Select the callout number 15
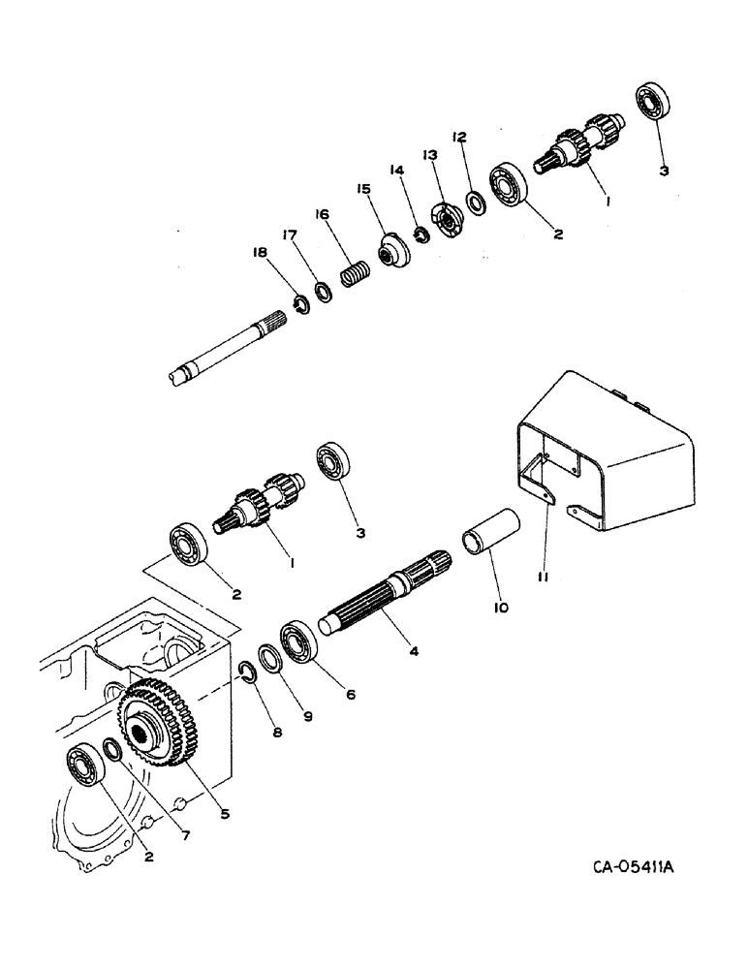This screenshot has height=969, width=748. [x=364, y=190]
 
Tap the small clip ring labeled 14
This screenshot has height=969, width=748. [x=421, y=234]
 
